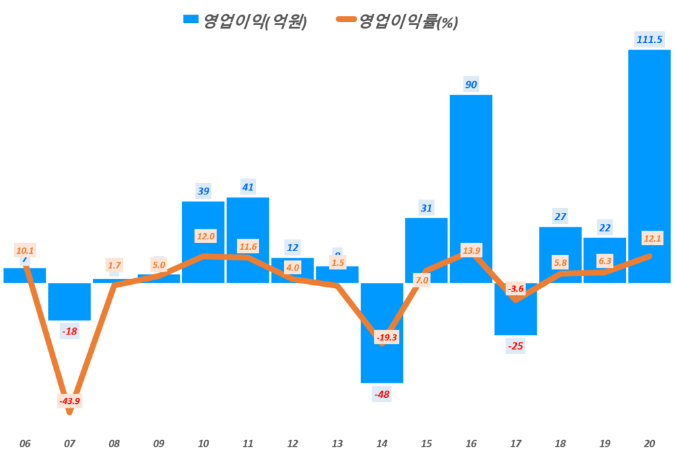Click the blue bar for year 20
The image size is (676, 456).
649,165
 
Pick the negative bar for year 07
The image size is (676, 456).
69,301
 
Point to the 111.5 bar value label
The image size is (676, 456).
649,39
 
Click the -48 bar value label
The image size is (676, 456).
382,395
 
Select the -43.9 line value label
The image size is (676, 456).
70,400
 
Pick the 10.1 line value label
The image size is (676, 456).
25,250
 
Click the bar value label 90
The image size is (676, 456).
471,84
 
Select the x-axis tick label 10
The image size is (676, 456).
203,443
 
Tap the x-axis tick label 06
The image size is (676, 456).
25,443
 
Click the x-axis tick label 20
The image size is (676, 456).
649,443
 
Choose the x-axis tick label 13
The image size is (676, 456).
337,443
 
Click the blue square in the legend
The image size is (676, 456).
191,21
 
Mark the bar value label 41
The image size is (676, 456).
248,186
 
